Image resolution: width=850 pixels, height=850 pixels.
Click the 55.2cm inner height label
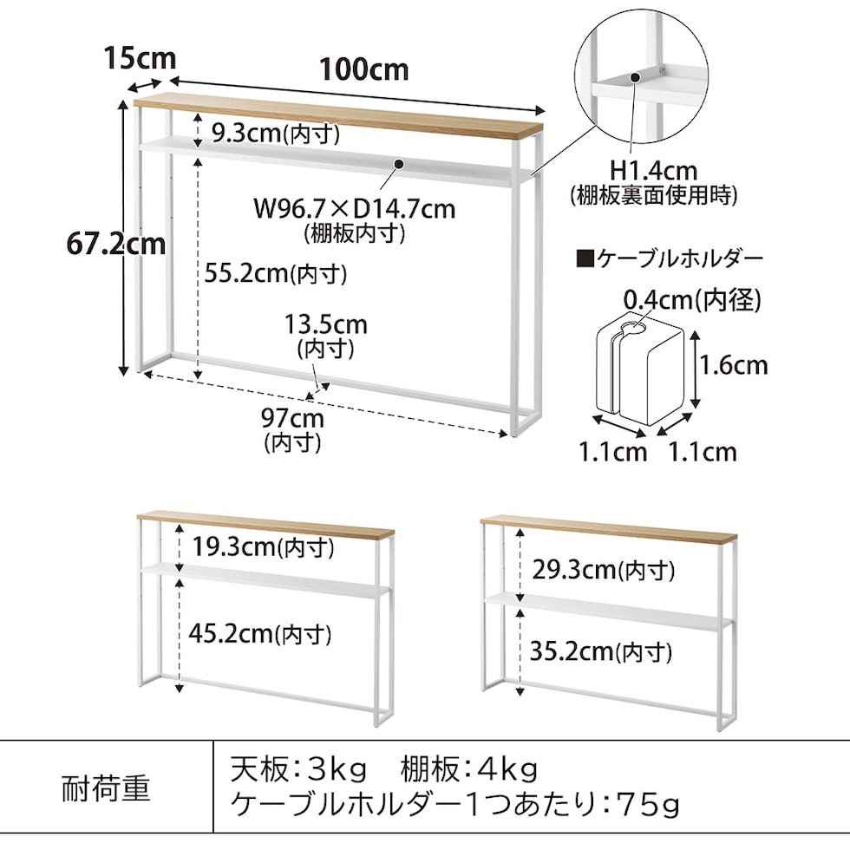coord(276,274)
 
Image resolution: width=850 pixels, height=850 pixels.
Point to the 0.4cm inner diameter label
coord(692,300)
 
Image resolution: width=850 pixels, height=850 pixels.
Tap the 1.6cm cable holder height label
coord(734,364)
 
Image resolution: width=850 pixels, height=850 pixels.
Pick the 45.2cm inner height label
coord(260,634)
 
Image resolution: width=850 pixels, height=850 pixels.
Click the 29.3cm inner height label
coord(602,570)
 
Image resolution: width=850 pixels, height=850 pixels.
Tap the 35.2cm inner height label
coord(599,651)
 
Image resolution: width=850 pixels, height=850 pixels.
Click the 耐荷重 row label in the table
coord(107,788)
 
